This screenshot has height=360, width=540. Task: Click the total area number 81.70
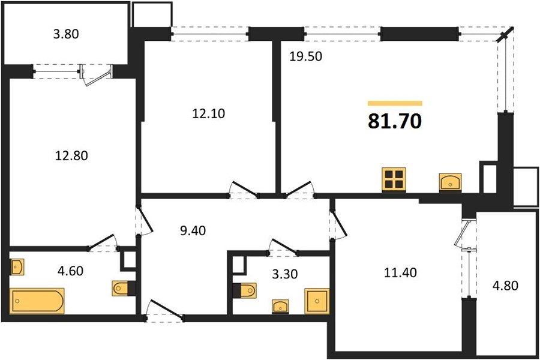pyautogui.click(x=395, y=121)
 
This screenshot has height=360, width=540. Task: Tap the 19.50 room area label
pyautogui.click(x=305, y=56)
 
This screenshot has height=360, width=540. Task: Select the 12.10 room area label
pyautogui.click(x=208, y=113)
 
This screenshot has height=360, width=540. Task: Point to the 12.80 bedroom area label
pyautogui.click(x=71, y=156)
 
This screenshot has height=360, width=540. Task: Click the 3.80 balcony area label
pyautogui.click(x=66, y=34)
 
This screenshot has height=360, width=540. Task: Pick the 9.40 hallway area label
pyautogui.click(x=193, y=230)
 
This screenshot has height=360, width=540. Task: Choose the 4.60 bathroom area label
pyautogui.click(x=70, y=271)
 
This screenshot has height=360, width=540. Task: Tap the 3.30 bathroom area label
pyautogui.click(x=285, y=274)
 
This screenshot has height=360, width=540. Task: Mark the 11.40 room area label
pyautogui.click(x=400, y=272)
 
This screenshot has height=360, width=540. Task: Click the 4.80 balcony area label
pyautogui.click(x=505, y=286)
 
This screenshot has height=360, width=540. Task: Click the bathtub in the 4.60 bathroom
pyautogui.click(x=37, y=301)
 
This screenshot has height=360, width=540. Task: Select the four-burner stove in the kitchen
pyautogui.click(x=394, y=179)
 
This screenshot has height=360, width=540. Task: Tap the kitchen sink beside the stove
pyautogui.click(x=451, y=182)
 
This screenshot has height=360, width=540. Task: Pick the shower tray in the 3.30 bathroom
pyautogui.click(x=317, y=301)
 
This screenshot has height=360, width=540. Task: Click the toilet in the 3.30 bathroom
pyautogui.click(x=245, y=290)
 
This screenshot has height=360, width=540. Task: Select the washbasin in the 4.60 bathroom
pyautogui.click(x=17, y=267)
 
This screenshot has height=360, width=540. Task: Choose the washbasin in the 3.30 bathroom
pyautogui.click(x=280, y=306)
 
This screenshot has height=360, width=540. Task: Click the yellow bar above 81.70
pyautogui.click(x=395, y=103)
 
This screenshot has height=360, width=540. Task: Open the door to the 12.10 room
pyautogui.click(x=244, y=190)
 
